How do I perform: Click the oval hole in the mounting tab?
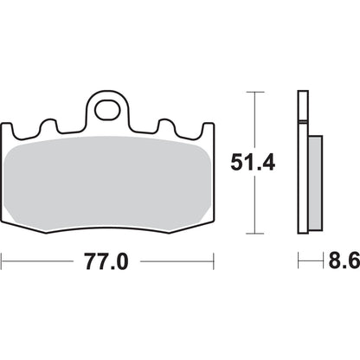tap(108, 111)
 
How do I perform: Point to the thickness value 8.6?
tap(339, 259)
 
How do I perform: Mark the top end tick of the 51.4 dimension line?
tap(254, 90)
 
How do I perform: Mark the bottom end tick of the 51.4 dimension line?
tap(254, 235)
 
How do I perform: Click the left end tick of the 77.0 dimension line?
tap(3, 259)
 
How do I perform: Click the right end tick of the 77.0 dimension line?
tap(214, 259)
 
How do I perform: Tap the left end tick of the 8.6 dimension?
tap(298, 259)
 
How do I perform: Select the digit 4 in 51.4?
tap(270, 162)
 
